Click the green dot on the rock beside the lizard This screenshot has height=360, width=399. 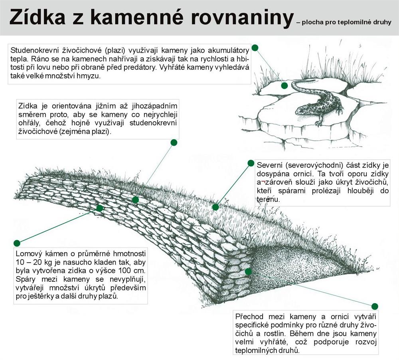284,85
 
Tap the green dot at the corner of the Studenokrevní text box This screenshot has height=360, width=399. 255,48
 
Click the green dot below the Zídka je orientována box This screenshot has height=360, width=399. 174,142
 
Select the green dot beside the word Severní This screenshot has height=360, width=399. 251,163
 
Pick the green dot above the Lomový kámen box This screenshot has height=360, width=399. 17,243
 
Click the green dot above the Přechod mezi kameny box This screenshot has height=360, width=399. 375,307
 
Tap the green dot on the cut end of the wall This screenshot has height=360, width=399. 248,271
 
